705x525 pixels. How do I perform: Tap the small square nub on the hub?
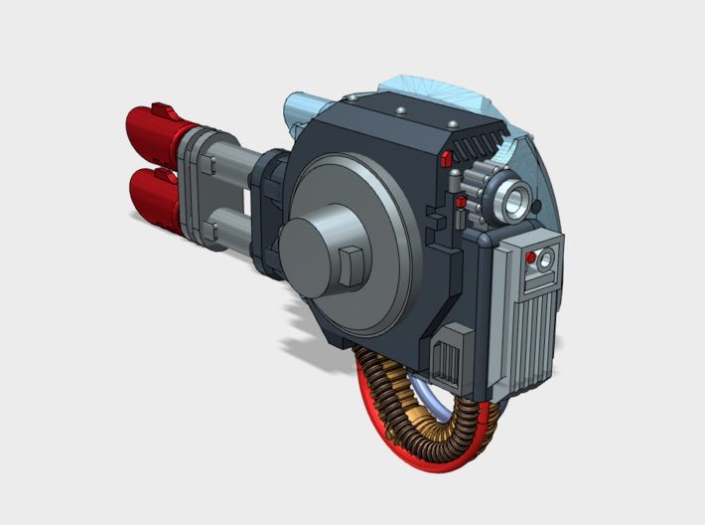click(x=349, y=263)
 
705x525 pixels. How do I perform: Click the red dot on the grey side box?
click(x=531, y=259)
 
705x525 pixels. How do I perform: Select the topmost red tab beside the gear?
click(x=446, y=158)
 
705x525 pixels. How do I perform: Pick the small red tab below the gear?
click(x=462, y=204)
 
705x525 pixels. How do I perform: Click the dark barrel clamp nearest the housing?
click(x=270, y=209)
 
